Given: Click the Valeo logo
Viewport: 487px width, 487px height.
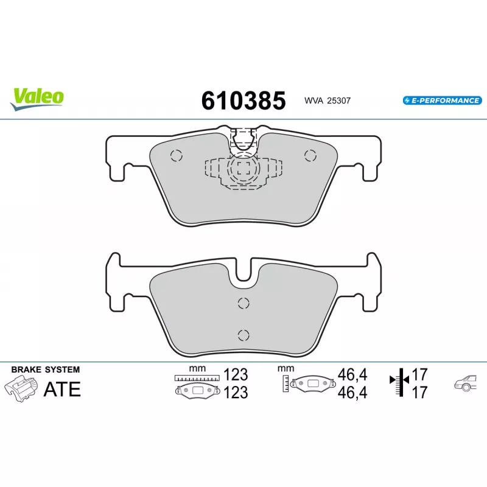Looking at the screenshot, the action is pyautogui.click(x=37, y=99).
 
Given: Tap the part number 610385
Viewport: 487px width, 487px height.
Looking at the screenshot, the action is pyautogui.click(x=243, y=100).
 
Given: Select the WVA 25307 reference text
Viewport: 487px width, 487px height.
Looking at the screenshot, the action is pyautogui.click(x=328, y=100).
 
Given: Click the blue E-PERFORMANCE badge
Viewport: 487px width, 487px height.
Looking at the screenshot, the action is pyautogui.click(x=443, y=100).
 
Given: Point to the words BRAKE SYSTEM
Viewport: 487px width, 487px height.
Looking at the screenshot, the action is pyautogui.click(x=46, y=370).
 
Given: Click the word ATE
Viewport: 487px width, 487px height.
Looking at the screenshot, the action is pyautogui.click(x=62, y=389).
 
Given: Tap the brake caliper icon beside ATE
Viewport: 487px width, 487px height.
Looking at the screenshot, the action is pyautogui.click(x=21, y=388).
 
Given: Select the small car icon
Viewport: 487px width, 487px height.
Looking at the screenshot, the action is pyautogui.click(x=465, y=383).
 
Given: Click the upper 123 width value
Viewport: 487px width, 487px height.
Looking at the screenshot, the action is pyautogui.click(x=236, y=374).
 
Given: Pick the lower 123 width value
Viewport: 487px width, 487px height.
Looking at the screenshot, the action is pyautogui.click(x=236, y=393).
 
